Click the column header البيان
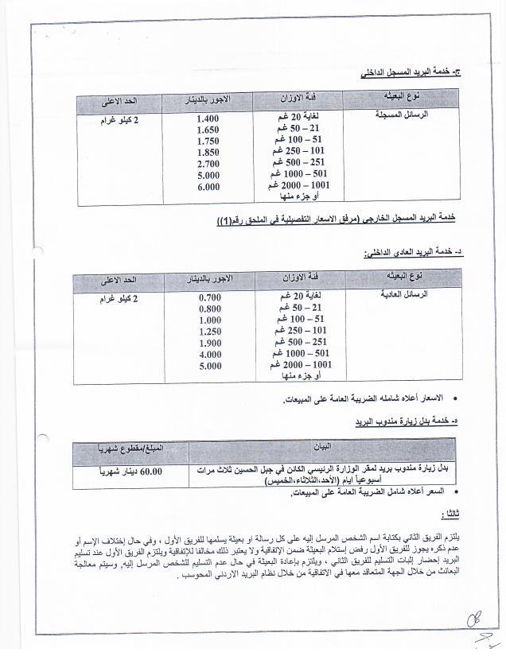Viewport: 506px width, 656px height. coord(324,446)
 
